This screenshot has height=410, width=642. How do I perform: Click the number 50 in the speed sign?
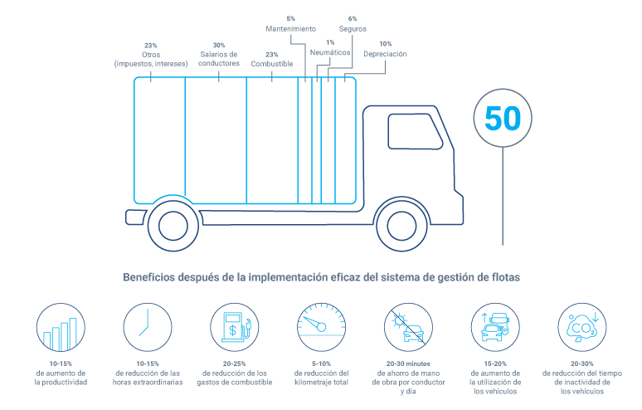(503, 119)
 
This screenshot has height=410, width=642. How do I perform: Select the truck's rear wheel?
(173, 223)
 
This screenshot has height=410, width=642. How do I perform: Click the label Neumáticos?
(330, 52)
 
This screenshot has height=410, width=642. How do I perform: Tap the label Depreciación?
(386, 54)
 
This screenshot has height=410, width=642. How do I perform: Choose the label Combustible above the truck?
(270, 63)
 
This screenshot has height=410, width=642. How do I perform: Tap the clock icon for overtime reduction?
(148, 327)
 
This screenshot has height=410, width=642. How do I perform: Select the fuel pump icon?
(234, 327)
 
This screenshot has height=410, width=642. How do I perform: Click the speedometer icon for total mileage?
(322, 327)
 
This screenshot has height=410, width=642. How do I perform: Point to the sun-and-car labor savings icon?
(408, 327)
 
